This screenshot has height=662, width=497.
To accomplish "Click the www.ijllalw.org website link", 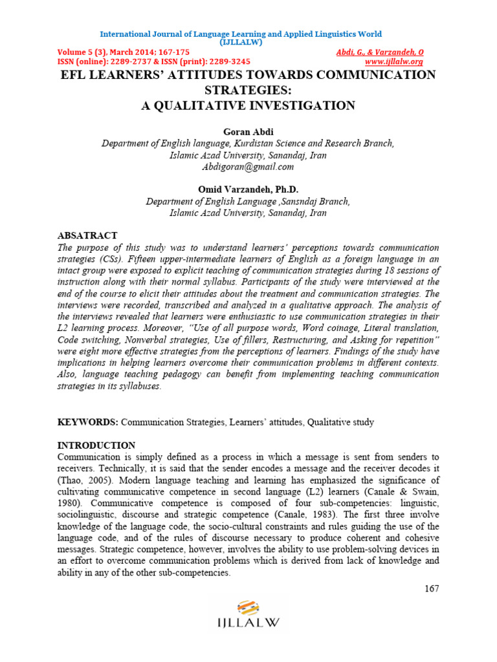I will point(393,61).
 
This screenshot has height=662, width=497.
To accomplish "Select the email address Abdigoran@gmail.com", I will point(248,167).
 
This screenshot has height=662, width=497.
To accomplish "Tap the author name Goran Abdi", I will point(248,131).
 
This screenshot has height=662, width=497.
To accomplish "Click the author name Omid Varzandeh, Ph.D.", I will point(248,189).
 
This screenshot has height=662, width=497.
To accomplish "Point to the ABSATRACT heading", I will point(88,236).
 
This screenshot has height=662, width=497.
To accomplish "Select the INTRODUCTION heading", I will point(96,445).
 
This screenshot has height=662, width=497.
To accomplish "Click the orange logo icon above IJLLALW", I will point(248,608).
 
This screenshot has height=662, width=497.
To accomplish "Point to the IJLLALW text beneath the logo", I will point(248,623).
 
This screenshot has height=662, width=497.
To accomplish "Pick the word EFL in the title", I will point(73,75).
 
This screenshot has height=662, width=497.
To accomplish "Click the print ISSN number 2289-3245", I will point(228,61).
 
